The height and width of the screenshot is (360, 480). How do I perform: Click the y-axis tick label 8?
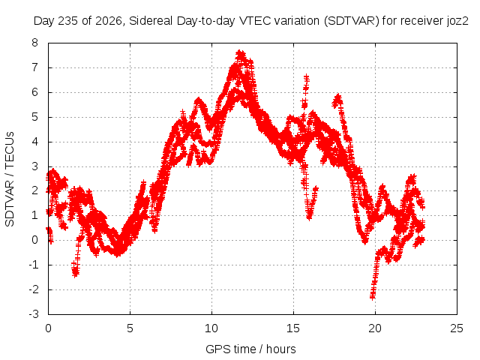(35, 43)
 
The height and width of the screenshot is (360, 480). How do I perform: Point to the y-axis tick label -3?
(34, 314)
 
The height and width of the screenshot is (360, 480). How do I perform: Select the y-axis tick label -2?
(34, 289)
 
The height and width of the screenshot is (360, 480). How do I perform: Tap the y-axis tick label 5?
(35, 117)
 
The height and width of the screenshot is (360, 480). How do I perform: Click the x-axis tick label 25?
(457, 328)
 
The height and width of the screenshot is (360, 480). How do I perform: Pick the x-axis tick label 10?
(211, 328)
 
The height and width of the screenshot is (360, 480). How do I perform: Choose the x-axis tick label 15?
(293, 328)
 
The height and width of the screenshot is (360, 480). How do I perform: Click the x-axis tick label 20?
(375, 328)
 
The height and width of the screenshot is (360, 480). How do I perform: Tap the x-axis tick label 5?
(130, 328)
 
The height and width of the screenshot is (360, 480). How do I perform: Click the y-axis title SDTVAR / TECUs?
(10, 179)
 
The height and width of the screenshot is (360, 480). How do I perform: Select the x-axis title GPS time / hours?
(250, 349)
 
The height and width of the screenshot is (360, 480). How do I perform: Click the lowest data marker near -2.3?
(373, 296)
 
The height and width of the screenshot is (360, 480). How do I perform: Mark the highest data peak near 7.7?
(241, 54)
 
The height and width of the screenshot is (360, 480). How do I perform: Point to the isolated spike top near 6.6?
(306, 76)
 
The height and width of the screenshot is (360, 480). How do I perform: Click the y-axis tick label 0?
(35, 240)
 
